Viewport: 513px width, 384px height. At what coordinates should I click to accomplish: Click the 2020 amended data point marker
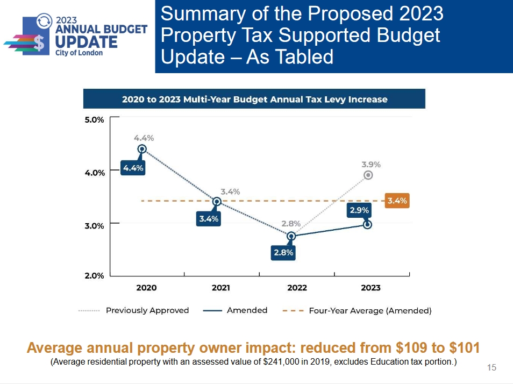pyautogui.click(x=142, y=149)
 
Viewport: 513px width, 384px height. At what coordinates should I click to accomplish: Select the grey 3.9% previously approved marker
pyautogui.click(x=368, y=175)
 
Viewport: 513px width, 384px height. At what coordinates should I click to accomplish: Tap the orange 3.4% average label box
pyautogui.click(x=397, y=201)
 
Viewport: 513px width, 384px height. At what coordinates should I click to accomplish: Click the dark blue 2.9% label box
pyautogui.click(x=359, y=210)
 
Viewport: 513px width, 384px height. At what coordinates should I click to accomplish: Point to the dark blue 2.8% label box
pyautogui.click(x=283, y=252)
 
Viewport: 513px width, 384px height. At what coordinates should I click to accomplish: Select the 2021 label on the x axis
pyautogui.click(x=221, y=288)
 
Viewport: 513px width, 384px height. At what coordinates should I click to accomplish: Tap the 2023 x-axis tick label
pyautogui.click(x=370, y=288)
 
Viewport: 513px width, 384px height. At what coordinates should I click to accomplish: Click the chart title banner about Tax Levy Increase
pyautogui.click(x=254, y=99)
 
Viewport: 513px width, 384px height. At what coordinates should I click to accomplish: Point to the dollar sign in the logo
pyautogui.click(x=38, y=41)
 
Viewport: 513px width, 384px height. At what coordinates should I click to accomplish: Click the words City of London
pyautogui.click(x=79, y=53)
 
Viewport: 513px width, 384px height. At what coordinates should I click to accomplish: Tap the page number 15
pyautogui.click(x=491, y=368)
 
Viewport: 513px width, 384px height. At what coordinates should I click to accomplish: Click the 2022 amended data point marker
pyautogui.click(x=291, y=236)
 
